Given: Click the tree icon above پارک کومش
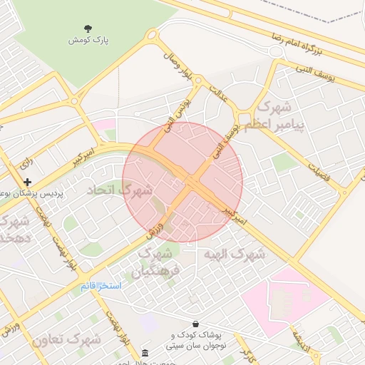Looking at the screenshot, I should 88,29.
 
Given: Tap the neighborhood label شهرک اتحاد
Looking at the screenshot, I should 120,190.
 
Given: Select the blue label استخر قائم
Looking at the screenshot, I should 101,285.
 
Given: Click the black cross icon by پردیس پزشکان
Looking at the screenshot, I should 28,182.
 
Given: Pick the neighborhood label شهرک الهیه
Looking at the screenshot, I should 234,255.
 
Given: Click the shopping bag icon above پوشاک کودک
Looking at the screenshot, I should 195,324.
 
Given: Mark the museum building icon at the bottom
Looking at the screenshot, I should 145,354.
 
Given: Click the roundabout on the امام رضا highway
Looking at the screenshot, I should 277,52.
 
